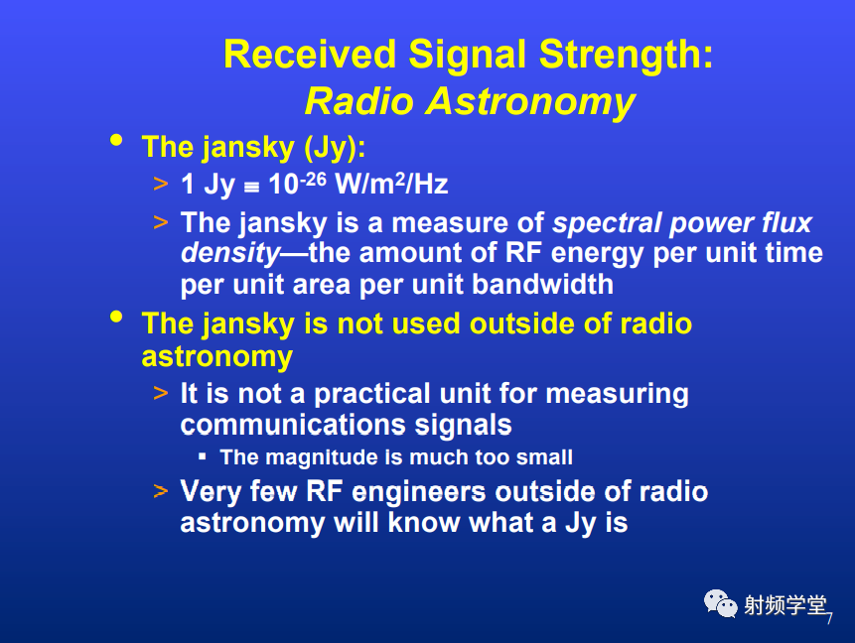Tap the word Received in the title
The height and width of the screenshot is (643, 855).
(x=310, y=54)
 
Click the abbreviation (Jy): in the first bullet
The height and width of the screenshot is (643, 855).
(x=335, y=148)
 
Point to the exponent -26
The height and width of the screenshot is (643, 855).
(x=313, y=180)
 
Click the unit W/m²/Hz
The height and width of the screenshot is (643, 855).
(x=391, y=184)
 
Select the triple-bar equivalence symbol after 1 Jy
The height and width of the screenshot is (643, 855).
(x=251, y=188)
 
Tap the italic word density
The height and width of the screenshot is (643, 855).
(x=230, y=254)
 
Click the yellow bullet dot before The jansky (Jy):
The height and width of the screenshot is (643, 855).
(x=116, y=140)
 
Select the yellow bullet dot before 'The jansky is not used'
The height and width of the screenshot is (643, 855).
(x=116, y=317)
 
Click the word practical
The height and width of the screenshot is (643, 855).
(x=372, y=393)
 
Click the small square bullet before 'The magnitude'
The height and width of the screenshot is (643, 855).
(x=203, y=456)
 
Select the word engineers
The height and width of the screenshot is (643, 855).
(x=419, y=492)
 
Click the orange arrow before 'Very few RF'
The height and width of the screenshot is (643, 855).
(x=160, y=491)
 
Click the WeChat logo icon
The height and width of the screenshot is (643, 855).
(x=720, y=603)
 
